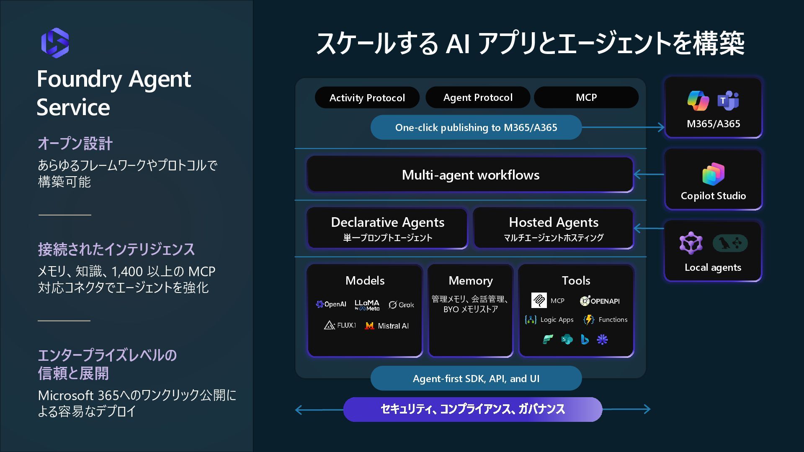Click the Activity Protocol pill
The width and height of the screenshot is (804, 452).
tap(367, 98)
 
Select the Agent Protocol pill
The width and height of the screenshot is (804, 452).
tap(477, 98)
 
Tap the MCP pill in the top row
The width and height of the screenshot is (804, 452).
tap(586, 98)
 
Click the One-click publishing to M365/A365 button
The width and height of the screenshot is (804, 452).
tap(476, 127)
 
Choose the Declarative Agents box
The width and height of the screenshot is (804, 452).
tap(387, 229)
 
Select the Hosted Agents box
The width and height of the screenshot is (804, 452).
tap(553, 229)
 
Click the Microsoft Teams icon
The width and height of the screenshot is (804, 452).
tap(728, 101)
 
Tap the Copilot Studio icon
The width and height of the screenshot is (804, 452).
tap(713, 174)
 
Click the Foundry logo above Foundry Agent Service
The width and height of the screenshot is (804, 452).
tap(55, 43)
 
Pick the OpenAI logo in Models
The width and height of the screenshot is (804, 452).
tap(331, 304)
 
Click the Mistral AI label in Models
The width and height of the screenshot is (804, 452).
tap(393, 326)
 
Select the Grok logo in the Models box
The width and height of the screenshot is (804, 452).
tap(401, 305)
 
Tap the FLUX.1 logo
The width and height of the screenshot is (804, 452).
tap(340, 325)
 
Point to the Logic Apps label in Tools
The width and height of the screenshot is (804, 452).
tap(557, 320)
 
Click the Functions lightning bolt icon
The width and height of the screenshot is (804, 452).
tap(589, 320)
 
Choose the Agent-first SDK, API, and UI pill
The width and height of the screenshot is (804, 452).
tap(476, 378)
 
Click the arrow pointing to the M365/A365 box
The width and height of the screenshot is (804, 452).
tap(660, 127)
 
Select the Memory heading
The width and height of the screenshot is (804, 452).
tap(470, 280)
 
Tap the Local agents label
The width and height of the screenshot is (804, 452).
tap(713, 267)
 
